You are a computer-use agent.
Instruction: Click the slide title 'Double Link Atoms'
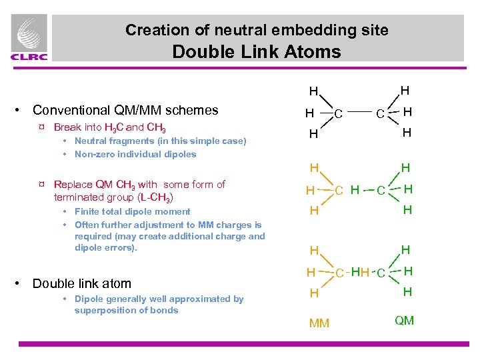click(x=256, y=51)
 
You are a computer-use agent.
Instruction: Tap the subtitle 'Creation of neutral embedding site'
click(x=257, y=30)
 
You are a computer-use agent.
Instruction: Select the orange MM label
click(x=319, y=324)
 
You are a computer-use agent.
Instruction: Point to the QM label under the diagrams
click(x=404, y=321)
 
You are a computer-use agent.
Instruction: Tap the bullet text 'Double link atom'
click(x=82, y=283)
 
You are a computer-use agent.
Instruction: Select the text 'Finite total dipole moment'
click(x=132, y=212)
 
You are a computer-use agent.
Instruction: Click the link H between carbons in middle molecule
click(x=355, y=190)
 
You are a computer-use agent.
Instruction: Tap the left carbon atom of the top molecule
click(x=338, y=113)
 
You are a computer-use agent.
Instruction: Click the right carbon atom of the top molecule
click(x=379, y=113)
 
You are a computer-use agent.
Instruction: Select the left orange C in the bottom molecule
click(x=339, y=273)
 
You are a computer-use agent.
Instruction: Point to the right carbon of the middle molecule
click(x=379, y=191)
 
